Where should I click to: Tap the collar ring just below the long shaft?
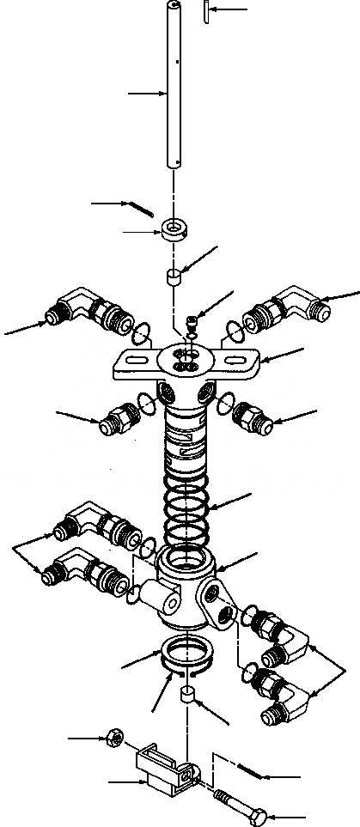(x=174, y=229)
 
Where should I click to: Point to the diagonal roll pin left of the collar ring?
(x=140, y=208)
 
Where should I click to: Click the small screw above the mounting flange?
(x=192, y=325)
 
